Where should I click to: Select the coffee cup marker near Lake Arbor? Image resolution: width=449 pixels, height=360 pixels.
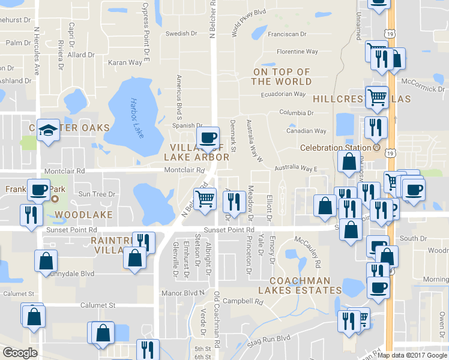click(x=208, y=137)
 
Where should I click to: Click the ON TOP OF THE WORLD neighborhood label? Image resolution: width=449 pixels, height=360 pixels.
click(x=281, y=76)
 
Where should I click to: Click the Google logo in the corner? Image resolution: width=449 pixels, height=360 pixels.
click(x=20, y=353)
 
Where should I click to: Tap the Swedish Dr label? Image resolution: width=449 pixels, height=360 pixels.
click(x=181, y=34)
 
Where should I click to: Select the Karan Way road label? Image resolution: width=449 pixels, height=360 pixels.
click(x=125, y=62)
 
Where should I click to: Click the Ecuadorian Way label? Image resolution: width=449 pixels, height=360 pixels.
click(x=284, y=94)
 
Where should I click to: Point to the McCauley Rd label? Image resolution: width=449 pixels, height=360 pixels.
click(x=308, y=252)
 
